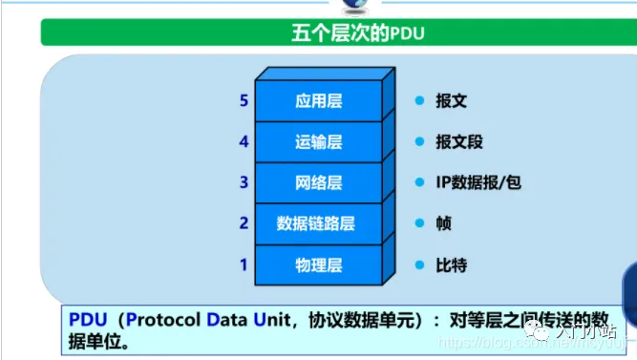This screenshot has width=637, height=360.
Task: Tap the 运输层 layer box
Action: pyautogui.click(x=318, y=142)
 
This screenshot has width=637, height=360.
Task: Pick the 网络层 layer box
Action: pyautogui.click(x=318, y=182)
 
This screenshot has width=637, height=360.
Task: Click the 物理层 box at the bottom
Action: pyautogui.click(x=318, y=265)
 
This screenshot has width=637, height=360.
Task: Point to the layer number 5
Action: pyautogui.click(x=244, y=100)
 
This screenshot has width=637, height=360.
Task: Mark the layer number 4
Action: pyautogui.click(x=244, y=141)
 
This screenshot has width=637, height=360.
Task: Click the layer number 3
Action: pyautogui.click(x=244, y=181)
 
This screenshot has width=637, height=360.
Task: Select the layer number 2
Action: pyautogui.click(x=244, y=222)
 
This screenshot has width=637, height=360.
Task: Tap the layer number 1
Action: pyautogui.click(x=244, y=264)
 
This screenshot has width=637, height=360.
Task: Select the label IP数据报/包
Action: pyautogui.click(x=478, y=182)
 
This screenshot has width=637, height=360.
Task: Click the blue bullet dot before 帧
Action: pyautogui.click(x=418, y=223)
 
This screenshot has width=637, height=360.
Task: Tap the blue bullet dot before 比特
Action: pyautogui.click(x=418, y=265)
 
